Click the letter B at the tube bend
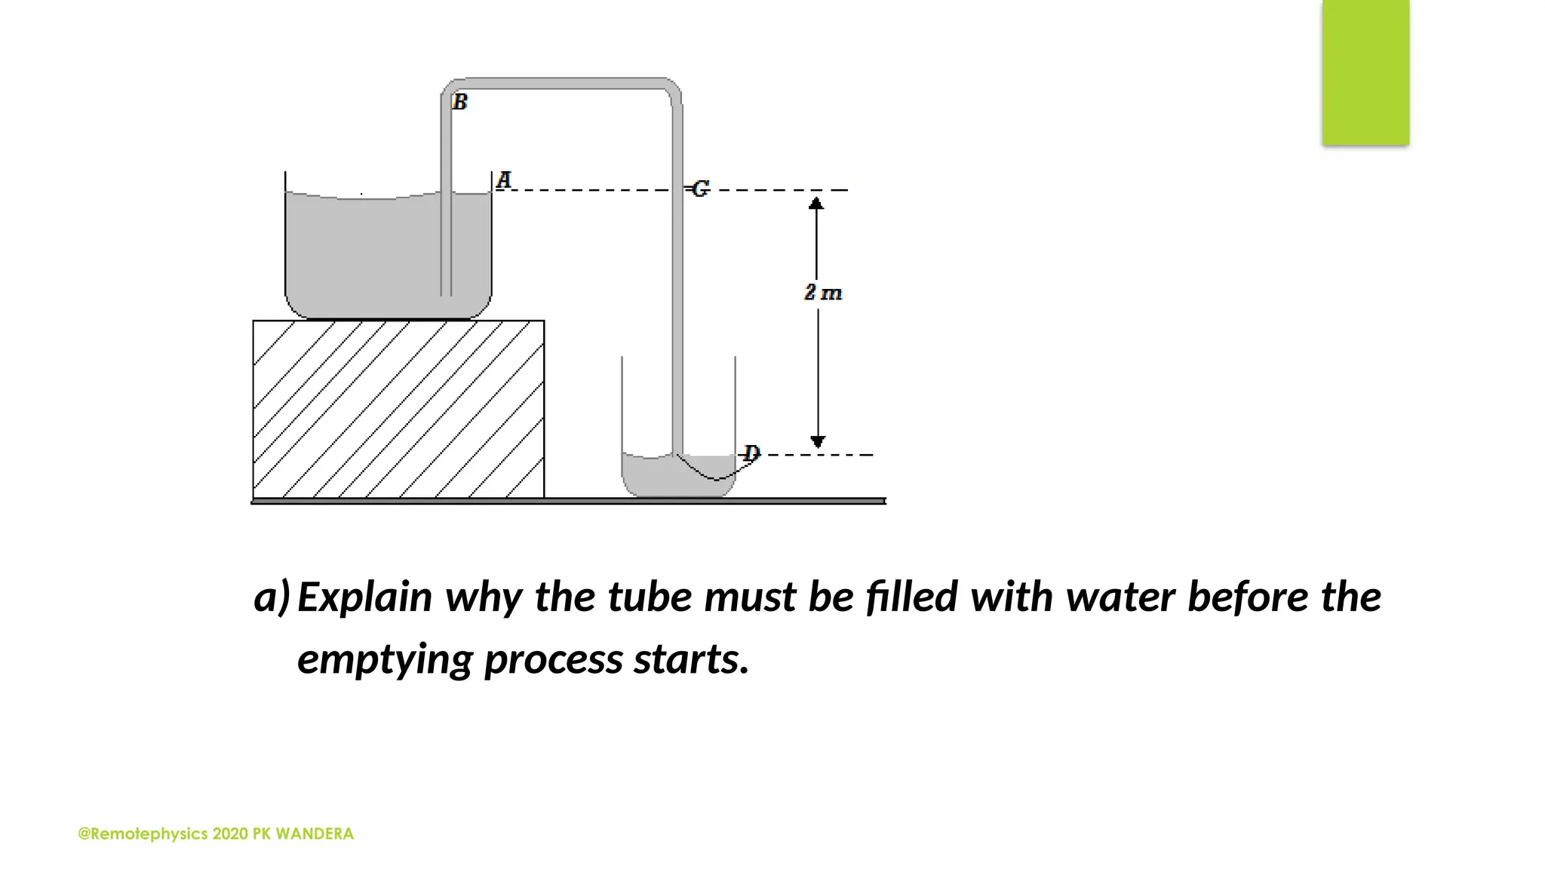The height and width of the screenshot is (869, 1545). (x=460, y=102)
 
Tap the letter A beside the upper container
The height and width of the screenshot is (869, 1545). (x=504, y=180)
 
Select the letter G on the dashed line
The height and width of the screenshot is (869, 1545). (x=701, y=189)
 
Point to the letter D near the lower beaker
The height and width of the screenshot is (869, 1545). (x=751, y=453)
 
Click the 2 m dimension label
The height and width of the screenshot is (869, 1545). (x=822, y=293)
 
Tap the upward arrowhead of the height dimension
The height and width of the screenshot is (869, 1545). (x=816, y=203)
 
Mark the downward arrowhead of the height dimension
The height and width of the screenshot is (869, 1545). (x=818, y=441)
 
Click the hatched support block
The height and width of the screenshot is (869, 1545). (x=398, y=409)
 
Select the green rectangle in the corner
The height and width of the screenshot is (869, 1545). (x=1365, y=72)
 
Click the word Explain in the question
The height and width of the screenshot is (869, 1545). (x=365, y=597)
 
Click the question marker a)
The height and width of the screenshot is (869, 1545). (x=272, y=597)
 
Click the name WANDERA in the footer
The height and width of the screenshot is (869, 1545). (x=315, y=834)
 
